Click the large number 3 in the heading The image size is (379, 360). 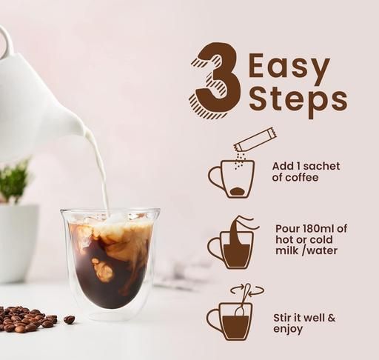[215, 81]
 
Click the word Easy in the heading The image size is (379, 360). [289, 67]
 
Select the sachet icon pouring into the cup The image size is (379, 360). [255, 139]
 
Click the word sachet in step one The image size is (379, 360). [323, 166]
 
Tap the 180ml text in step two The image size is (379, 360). [318, 228]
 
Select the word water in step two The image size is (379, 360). [323, 250]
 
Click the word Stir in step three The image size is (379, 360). [282, 318]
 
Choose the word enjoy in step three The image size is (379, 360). [288, 330]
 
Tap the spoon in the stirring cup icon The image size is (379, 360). [243, 300]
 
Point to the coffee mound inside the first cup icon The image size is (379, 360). [238, 191]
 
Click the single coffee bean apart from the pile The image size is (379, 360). [70, 319]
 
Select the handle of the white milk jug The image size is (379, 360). [7, 42]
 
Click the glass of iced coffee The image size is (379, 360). [110, 262]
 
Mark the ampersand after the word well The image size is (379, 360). [331, 318]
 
